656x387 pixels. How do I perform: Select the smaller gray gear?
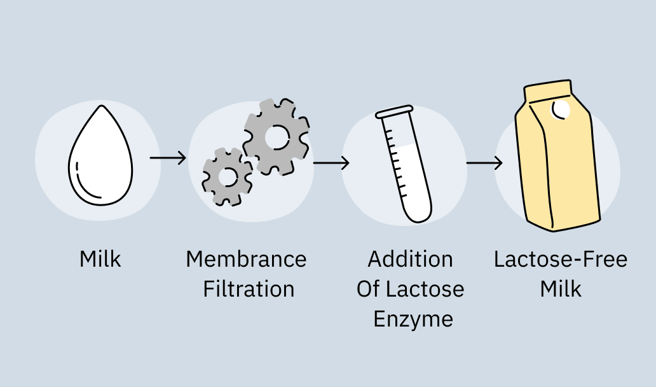coord(227,176)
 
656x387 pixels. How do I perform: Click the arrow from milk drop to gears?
coord(168,157)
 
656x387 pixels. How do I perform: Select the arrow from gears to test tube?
coord(331,163)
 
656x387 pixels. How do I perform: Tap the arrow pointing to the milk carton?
coord(484,163)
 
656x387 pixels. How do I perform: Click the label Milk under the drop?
coord(100,260)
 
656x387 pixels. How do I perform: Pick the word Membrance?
coord(246,260)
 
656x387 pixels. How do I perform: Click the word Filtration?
coord(249,289)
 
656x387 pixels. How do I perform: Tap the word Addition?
coord(410,260)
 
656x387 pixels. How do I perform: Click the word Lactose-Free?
coord(561,260)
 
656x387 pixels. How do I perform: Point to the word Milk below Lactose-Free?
coord(561,289)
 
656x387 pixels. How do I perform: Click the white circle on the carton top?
coord(561,109)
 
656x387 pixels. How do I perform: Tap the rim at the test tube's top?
coord(394,112)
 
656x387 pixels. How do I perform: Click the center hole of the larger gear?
coord(277,136)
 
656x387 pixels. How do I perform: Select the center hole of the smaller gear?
coord(228,176)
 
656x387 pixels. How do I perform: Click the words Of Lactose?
coord(410,289)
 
